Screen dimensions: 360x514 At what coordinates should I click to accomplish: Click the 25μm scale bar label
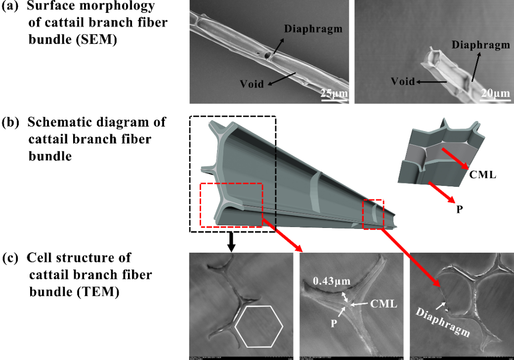334,92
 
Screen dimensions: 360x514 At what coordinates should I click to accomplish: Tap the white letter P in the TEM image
335,320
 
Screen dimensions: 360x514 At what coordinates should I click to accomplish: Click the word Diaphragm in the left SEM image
313,29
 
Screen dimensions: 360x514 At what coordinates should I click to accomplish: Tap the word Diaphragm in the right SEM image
480,45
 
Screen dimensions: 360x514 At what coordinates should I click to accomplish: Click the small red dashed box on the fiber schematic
373,214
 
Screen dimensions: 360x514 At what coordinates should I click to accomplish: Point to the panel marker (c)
10,258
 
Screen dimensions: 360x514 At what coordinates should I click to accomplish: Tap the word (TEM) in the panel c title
96,292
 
